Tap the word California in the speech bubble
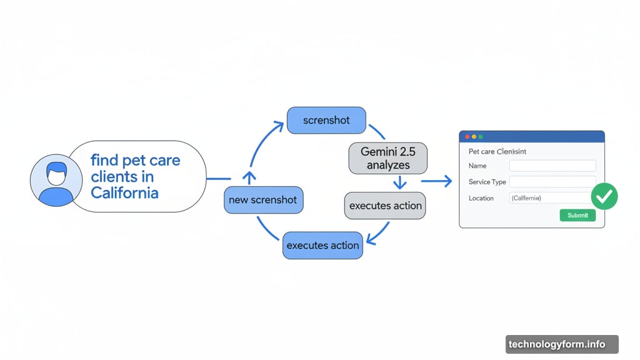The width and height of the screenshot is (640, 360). (x=124, y=192)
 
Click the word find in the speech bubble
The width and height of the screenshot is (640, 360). (x=105, y=160)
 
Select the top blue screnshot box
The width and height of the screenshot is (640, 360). (x=326, y=120)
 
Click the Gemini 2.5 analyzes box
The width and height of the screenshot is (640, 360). (x=388, y=158)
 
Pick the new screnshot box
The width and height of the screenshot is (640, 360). (x=264, y=201)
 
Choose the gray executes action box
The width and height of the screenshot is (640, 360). (x=385, y=206)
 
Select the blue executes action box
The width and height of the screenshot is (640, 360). (x=322, y=246)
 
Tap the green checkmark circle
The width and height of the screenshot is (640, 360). (x=604, y=196)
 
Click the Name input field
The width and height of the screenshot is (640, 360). (x=552, y=166)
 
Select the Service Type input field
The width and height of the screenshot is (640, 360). (x=552, y=182)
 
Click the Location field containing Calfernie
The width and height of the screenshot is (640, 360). (x=549, y=198)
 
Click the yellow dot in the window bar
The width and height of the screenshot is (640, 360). (x=474, y=136)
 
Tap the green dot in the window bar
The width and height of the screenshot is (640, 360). (x=481, y=136)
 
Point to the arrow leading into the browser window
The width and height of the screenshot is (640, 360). (x=437, y=181)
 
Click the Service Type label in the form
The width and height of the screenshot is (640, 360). (x=487, y=182)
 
